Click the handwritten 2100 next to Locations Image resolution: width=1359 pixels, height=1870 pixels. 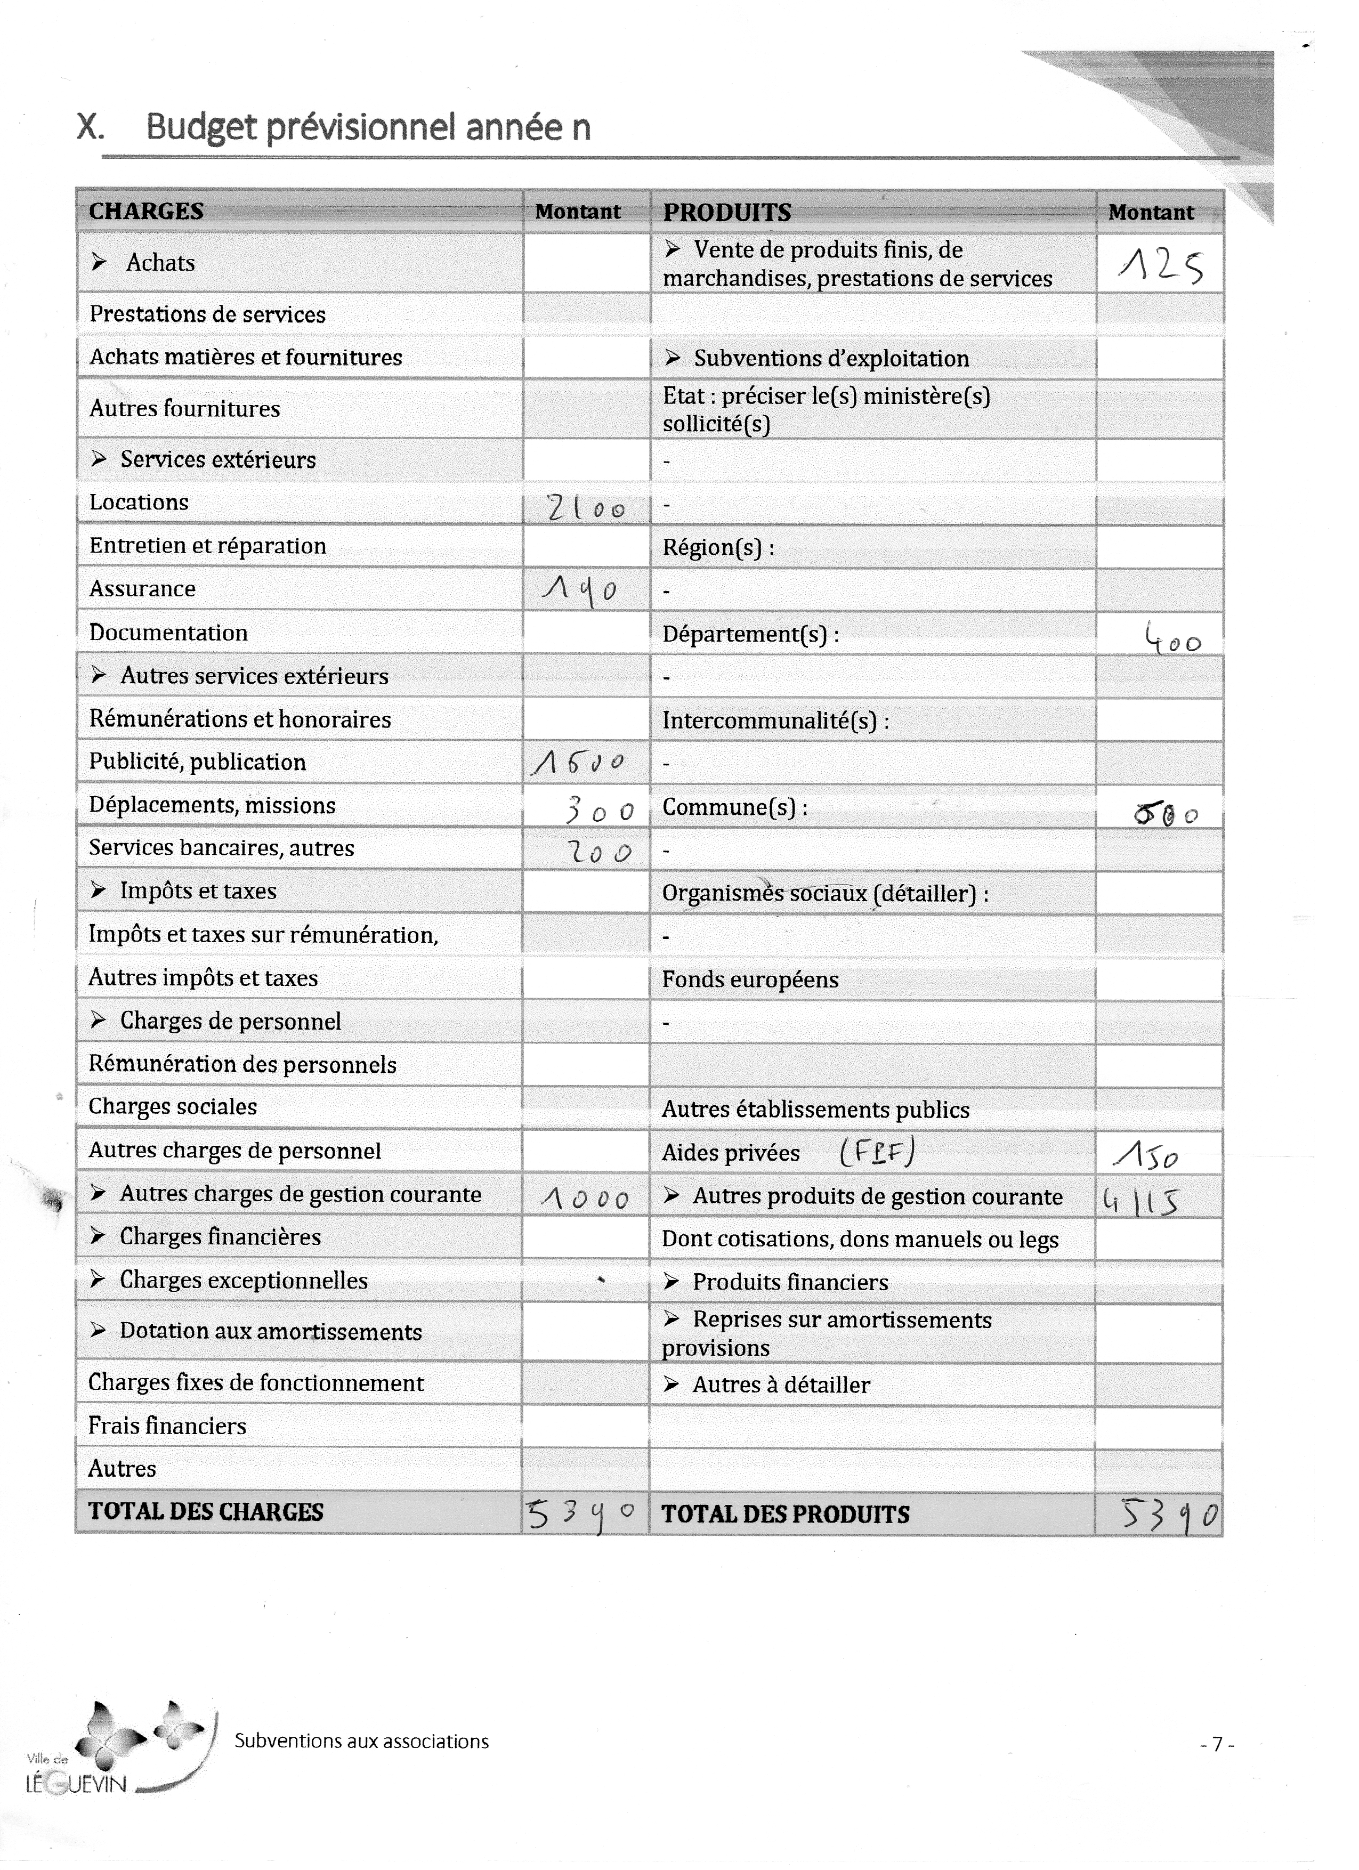(586, 508)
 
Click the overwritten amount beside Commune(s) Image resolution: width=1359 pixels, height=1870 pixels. (1165, 815)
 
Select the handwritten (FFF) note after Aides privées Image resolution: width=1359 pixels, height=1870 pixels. (877, 1152)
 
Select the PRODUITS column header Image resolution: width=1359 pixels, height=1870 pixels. (726, 213)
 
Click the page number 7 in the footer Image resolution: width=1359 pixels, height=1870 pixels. (1216, 1745)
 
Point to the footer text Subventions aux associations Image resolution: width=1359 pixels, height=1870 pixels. (361, 1742)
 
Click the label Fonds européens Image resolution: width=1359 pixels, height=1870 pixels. (750, 979)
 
